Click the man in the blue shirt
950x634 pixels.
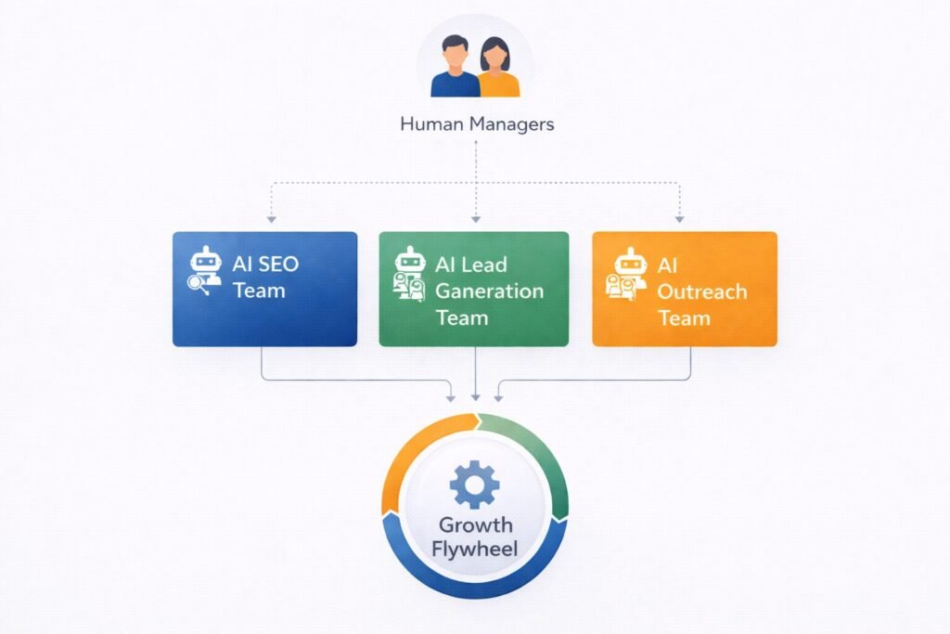coord(455,70)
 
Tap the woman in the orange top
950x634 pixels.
coord(497,71)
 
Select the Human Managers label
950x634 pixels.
coord(476,123)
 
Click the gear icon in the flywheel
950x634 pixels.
coord(474,485)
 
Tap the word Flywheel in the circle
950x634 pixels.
coord(474,548)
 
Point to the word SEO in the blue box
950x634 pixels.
coord(278,264)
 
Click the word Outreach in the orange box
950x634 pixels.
coord(701,291)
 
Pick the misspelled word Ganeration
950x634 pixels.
coord(489,291)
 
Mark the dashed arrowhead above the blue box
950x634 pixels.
coord(270,219)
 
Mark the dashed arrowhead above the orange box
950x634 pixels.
coord(680,219)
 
